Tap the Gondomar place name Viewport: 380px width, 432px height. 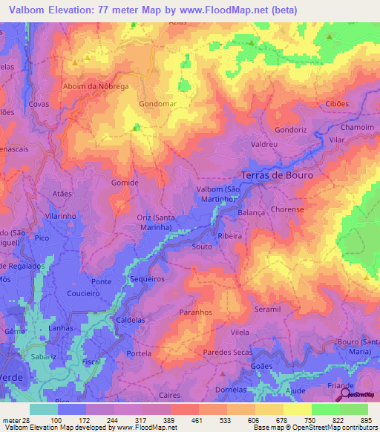coord(157,104)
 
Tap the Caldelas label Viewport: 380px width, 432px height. coord(131,320)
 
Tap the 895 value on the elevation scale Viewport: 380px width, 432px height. coord(366,419)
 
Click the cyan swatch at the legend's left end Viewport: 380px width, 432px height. coord(43,409)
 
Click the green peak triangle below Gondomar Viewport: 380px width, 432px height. coord(135,128)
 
